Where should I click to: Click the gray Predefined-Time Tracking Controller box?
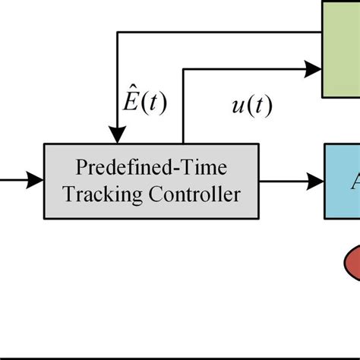click(152, 181)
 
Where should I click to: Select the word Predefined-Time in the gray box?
click(152, 167)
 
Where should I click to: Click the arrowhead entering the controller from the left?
click(36, 181)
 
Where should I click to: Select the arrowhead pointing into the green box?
click(313, 69)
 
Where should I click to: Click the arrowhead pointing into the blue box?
click(315, 181)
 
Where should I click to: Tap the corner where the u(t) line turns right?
click(184, 69)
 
